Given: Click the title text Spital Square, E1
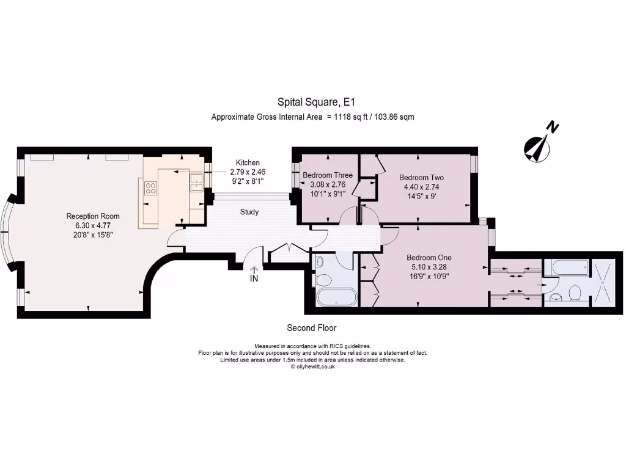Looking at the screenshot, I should point(312,103).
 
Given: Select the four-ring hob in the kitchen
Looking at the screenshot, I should point(150,188).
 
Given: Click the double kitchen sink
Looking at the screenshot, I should point(197,183).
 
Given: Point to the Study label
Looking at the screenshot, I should point(249,213).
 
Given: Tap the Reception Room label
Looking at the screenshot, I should point(93,216).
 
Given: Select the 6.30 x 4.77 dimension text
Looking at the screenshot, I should point(93,225).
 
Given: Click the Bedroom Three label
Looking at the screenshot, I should point(328,175).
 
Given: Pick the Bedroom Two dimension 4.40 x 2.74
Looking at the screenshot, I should point(421,187).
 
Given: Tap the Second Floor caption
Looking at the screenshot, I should point(312,328).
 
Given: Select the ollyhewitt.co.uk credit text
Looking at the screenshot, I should point(312,367).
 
